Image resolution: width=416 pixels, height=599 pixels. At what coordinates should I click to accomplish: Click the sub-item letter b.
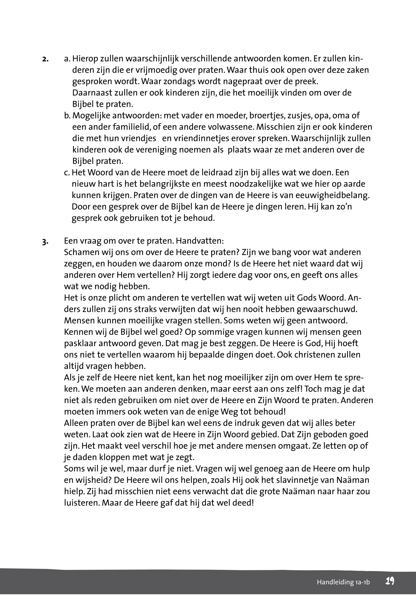tap(67, 116)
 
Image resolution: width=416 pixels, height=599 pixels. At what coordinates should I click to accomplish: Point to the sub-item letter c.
tap(67, 172)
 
